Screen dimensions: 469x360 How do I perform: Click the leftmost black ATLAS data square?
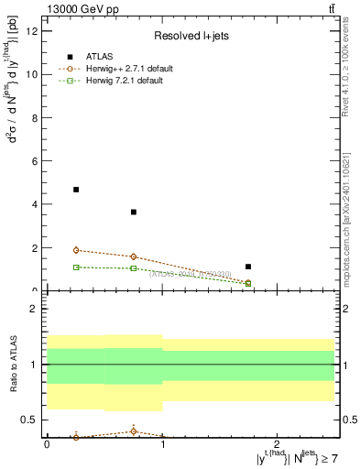76,190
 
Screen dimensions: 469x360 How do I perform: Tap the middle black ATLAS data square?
134,212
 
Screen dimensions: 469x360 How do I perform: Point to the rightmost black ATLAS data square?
248,267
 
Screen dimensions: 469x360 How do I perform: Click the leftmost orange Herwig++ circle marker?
76,250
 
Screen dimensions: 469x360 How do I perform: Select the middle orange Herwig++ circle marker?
134,256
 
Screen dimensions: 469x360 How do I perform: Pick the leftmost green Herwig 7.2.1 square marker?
76,267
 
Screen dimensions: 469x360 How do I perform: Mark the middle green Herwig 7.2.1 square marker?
134,268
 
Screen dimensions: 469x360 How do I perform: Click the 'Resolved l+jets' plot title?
191,36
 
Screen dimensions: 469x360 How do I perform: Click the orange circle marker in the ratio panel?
134,431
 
